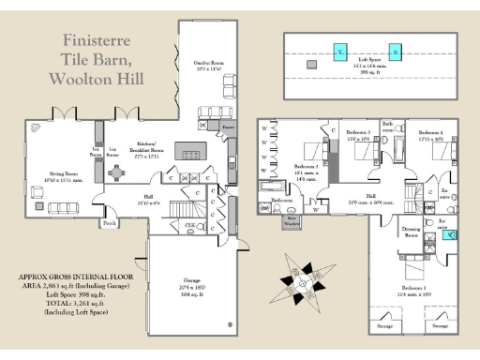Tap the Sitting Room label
pyautogui.click(x=64, y=175)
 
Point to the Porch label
pyautogui.click(x=110, y=224)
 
